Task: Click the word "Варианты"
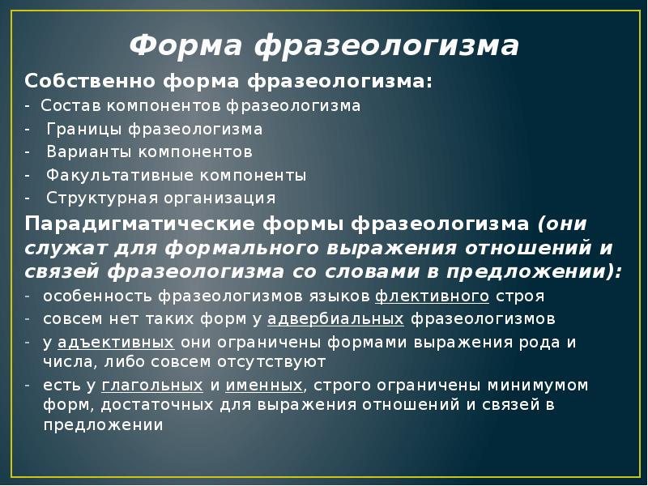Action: pyautogui.click(x=83, y=151)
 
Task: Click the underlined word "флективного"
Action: pyautogui.click(x=433, y=296)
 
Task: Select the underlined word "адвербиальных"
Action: pyautogui.click(x=336, y=318)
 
